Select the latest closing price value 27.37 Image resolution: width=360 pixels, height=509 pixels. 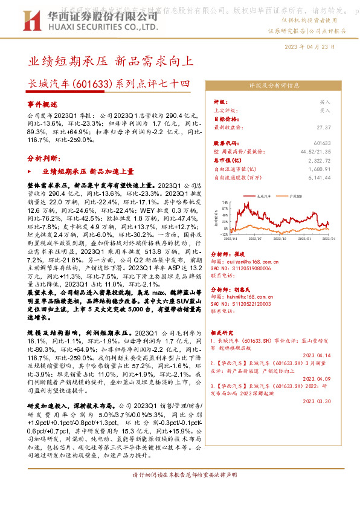[x=323, y=128]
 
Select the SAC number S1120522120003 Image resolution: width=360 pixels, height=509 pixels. [x=254, y=304]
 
